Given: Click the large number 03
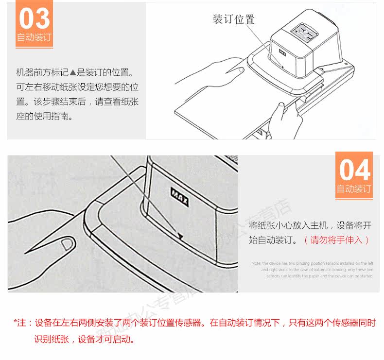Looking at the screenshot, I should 35,18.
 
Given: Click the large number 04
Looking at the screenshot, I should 354,170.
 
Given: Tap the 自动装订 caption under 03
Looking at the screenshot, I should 35,37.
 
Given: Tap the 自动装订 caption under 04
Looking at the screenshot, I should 354,189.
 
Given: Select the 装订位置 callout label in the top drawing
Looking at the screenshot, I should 233,19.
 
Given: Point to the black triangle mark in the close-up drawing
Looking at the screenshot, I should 180,237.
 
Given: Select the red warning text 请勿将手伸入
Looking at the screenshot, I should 336,240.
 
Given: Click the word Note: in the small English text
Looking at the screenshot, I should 256,263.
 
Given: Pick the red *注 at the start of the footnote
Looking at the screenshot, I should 22,323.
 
